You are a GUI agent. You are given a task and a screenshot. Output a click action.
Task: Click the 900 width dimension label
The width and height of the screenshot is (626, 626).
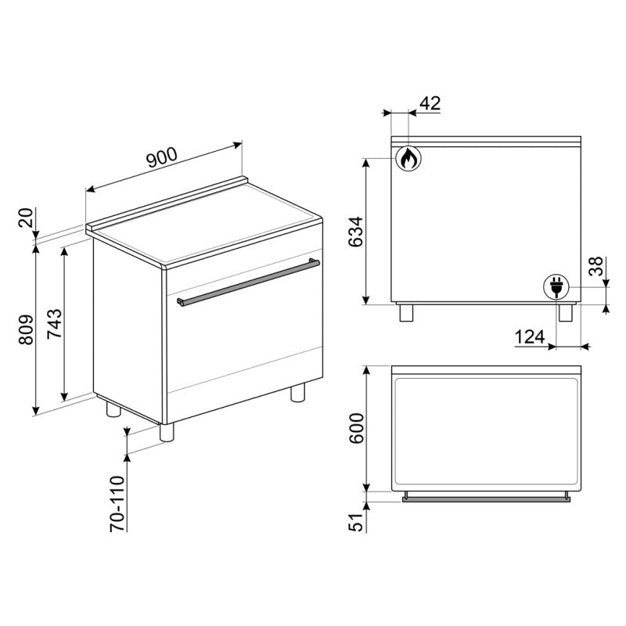coord(162,157)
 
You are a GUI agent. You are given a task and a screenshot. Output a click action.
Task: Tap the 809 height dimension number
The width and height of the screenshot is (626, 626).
coord(27,329)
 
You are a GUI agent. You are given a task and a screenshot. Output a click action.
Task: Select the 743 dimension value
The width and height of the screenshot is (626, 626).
coord(55,324)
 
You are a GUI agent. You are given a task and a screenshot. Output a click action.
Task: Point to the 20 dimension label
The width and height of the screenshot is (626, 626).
coord(26,218)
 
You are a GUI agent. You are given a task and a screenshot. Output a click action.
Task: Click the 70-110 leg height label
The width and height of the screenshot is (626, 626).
coord(118,503)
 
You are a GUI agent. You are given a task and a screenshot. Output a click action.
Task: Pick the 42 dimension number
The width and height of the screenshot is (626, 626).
coord(430,103)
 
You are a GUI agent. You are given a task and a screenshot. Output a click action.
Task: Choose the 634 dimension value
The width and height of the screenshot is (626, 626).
coord(356,232)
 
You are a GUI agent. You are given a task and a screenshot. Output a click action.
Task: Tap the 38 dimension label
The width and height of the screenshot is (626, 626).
coord(595,266)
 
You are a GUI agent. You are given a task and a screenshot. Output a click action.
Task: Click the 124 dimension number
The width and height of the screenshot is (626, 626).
coord(530,337)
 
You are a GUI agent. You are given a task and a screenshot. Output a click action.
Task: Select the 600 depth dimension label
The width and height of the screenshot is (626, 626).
coord(357,428)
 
